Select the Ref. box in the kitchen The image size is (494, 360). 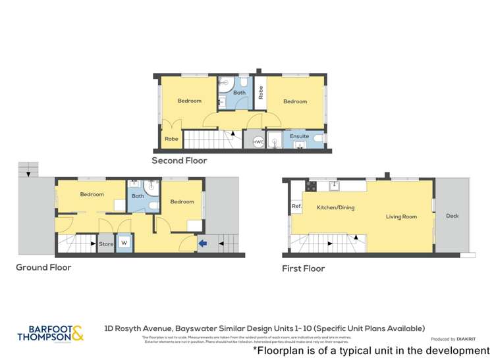[x=296, y=207]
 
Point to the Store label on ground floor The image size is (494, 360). [x=106, y=244]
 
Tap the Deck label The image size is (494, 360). [x=452, y=216]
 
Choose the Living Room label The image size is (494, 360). [x=401, y=216]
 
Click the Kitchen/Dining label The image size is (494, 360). [x=336, y=207]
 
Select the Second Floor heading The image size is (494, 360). [x=179, y=160]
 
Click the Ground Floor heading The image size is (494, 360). [x=43, y=267]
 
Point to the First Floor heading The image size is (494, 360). [x=303, y=269]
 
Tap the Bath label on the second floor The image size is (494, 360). [x=239, y=93]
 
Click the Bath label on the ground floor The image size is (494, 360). [x=138, y=195]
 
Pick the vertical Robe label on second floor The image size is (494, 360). [x=261, y=93]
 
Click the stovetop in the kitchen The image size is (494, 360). [x=310, y=186]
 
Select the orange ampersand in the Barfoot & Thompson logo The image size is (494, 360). [x=77, y=334]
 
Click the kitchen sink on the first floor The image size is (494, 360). [x=334, y=186]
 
